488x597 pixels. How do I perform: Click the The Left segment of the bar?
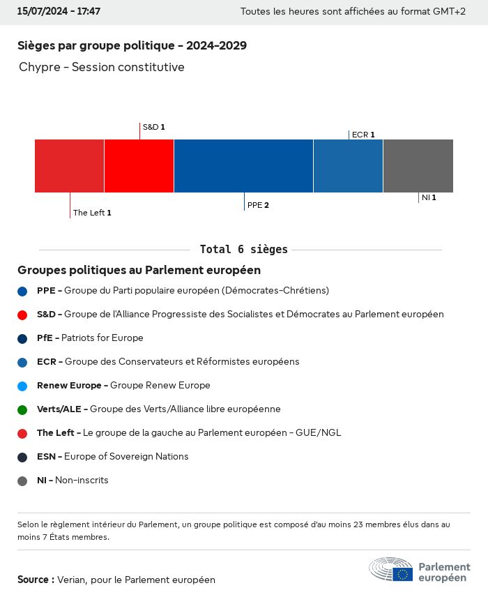[69, 166]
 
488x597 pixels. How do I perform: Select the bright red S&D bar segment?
[139, 166]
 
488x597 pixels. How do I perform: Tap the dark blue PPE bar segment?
[243, 166]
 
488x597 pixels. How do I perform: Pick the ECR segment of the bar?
[348, 166]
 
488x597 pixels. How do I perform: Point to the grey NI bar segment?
[418, 166]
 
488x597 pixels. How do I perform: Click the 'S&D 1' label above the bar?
[153, 128]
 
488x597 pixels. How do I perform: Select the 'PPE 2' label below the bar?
[258, 206]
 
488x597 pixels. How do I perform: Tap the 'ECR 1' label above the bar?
[363, 135]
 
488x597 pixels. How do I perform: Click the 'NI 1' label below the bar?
[429, 198]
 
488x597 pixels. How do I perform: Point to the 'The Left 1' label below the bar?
[92, 213]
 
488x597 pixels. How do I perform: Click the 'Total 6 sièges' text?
[243, 250]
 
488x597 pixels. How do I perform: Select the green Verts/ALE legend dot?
[22, 409]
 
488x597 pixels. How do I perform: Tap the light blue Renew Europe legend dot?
[22, 386]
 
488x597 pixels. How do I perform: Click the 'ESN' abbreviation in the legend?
[46, 457]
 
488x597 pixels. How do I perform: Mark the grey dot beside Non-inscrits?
[22, 481]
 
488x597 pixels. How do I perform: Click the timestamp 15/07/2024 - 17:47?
[59, 12]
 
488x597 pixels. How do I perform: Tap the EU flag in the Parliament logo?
[402, 574]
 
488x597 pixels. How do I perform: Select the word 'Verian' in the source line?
[71, 580]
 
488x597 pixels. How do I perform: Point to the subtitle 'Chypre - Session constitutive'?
[102, 68]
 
